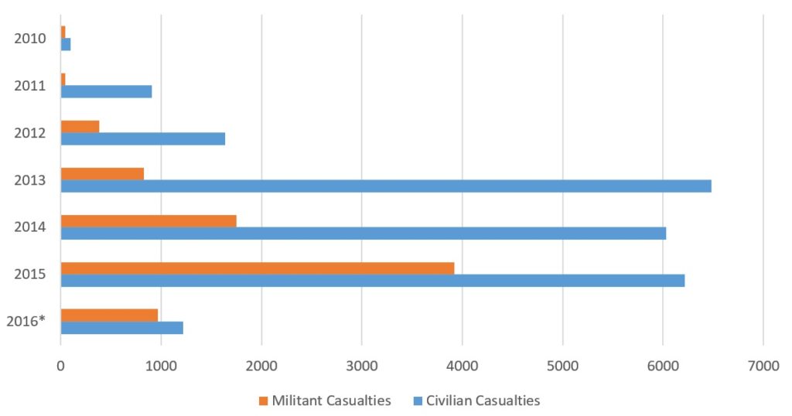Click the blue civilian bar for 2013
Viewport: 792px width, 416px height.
[386, 186]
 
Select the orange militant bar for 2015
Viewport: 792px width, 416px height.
[258, 268]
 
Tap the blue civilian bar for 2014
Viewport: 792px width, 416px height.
[364, 233]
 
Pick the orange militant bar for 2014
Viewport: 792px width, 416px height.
[148, 220]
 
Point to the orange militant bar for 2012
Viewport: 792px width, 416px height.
[80, 126]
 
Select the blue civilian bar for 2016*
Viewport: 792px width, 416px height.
[122, 328]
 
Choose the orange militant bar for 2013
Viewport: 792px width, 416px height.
[102, 174]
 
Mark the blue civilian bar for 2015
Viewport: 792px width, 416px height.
[373, 280]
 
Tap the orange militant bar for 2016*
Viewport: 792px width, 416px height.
[109, 315]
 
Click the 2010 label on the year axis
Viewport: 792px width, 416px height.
[30, 38]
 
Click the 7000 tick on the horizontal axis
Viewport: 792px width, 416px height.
[763, 367]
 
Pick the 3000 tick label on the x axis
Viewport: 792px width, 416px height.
[362, 367]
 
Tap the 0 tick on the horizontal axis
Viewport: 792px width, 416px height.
[61, 367]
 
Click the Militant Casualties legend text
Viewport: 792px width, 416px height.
[330, 401]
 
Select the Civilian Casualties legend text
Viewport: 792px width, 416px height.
[483, 401]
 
